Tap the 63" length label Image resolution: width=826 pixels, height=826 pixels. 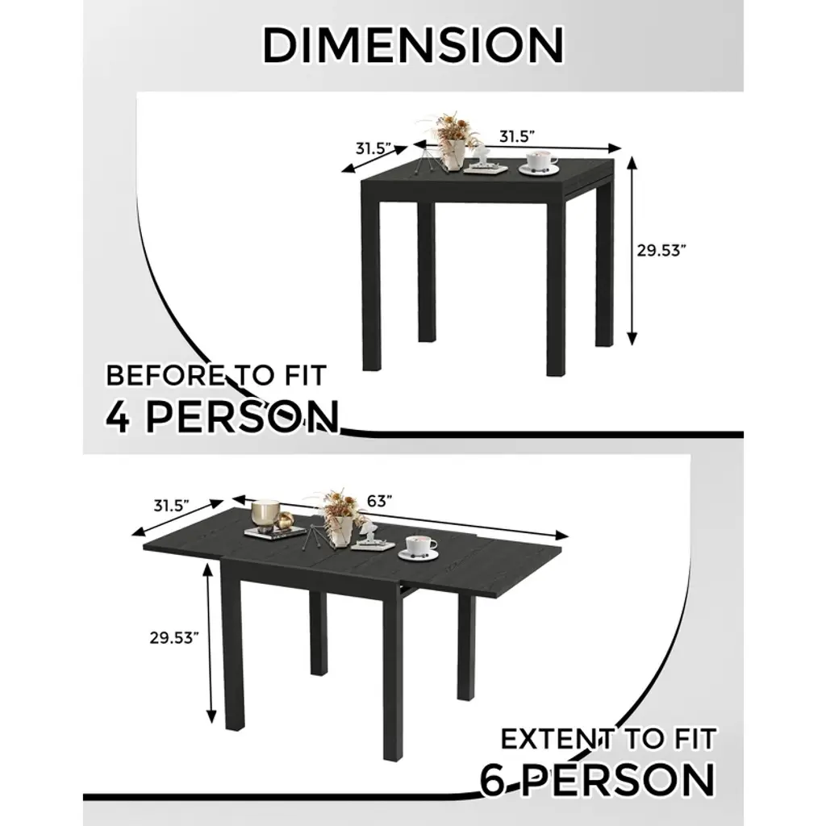[x=380, y=501]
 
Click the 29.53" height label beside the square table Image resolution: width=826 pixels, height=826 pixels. [x=661, y=250]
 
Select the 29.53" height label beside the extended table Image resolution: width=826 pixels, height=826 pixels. [x=174, y=637]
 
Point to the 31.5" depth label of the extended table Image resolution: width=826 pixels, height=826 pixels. [x=171, y=506]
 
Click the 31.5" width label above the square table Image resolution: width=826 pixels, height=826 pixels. [x=517, y=136]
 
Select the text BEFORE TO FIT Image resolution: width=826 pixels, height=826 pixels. [x=216, y=375]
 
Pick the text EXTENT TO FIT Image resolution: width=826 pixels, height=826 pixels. [x=608, y=739]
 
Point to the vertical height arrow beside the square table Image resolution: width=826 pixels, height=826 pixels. [x=632, y=252]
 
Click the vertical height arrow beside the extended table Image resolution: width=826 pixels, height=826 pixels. [x=211, y=642]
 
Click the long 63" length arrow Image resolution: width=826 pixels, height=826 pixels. [x=400, y=517]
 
